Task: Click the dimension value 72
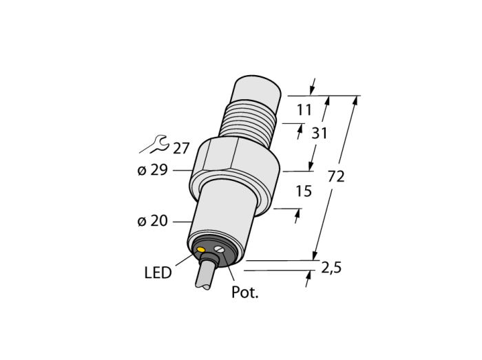336,177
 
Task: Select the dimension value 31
319,134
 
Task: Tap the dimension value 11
304,110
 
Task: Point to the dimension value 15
304,191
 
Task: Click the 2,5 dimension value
331,268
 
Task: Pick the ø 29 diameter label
153,170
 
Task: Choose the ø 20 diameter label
153,221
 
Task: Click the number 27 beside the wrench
181,149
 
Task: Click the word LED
158,273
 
